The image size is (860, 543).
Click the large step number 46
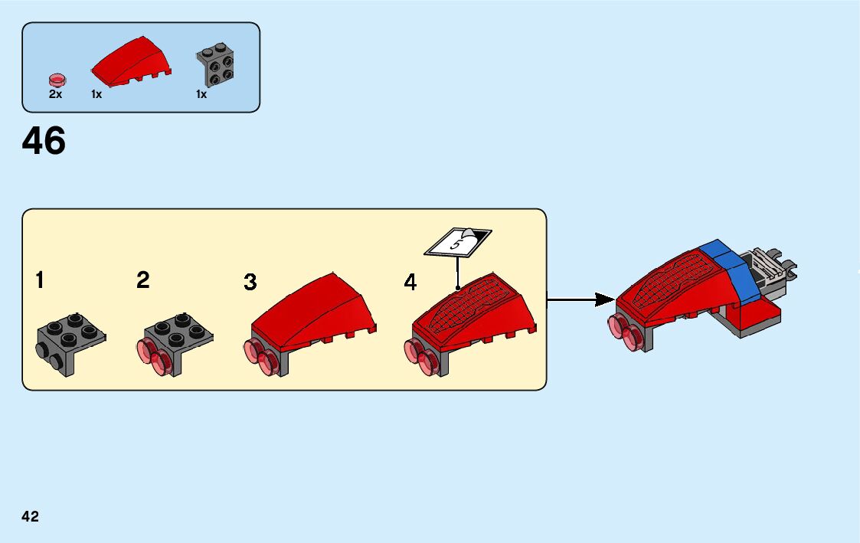(x=44, y=141)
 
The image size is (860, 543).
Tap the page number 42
(x=31, y=517)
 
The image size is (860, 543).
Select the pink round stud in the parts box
(x=56, y=78)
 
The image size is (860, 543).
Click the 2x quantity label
(x=55, y=95)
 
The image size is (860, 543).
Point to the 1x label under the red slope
(x=96, y=95)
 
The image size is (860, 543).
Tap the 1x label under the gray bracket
(x=201, y=95)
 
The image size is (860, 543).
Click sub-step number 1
(x=39, y=280)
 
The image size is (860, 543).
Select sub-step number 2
(x=143, y=280)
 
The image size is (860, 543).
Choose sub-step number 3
(x=250, y=282)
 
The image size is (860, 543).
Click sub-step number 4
(x=410, y=283)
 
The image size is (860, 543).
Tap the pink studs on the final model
(x=623, y=333)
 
